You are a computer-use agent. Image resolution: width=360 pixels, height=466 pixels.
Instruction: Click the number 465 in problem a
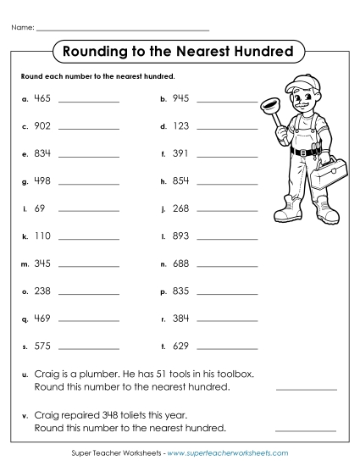[43, 98]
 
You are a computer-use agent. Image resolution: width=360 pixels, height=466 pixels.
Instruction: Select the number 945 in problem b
[180, 98]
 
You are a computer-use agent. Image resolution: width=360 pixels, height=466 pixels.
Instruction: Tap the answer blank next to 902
[89, 129]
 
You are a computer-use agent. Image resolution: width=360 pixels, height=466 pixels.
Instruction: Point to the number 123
[180, 126]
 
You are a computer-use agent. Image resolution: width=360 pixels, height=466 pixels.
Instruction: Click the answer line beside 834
[89, 157]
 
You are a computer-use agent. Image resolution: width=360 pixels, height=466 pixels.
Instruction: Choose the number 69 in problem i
[41, 208]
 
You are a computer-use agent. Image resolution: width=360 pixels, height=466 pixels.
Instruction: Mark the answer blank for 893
[226, 240]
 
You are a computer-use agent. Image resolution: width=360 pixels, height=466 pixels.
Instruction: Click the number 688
[180, 264]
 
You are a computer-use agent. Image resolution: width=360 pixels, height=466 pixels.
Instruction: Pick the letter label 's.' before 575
[25, 347]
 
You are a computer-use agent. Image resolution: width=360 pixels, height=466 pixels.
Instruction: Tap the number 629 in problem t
[180, 346]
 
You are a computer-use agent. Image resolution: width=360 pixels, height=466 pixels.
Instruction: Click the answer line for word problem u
[306, 388]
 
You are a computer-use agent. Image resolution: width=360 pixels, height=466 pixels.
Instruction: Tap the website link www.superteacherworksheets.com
[229, 453]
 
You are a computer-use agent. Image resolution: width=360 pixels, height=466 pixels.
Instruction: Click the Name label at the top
[23, 28]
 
